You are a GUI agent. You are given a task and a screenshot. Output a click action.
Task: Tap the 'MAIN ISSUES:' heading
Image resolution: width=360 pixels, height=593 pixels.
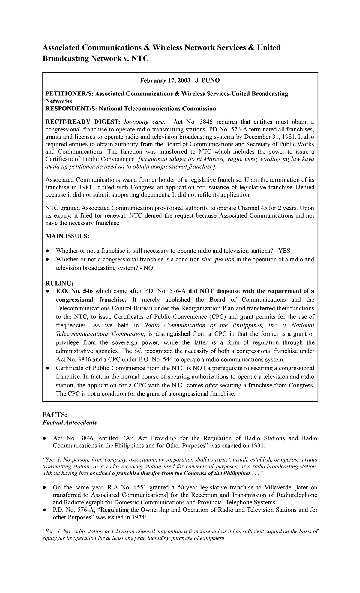coord(67,236)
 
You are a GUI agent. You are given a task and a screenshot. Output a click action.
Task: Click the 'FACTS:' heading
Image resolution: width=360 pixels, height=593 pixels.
coord(55,414)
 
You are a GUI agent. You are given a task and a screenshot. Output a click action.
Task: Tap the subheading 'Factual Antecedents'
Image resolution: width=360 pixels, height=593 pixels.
coord(70,423)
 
